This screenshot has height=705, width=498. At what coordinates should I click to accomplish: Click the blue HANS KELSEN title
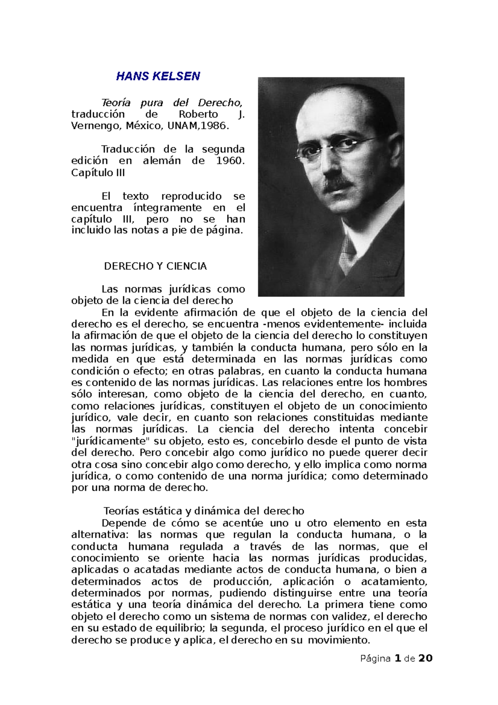(158, 76)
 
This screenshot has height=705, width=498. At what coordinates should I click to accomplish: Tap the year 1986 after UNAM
(215, 126)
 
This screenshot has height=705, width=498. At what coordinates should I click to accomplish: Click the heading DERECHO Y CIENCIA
(155, 267)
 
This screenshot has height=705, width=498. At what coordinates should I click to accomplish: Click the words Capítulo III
(98, 173)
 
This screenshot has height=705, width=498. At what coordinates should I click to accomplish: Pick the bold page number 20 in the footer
(425, 658)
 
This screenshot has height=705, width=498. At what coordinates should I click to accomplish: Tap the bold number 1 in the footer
(398, 658)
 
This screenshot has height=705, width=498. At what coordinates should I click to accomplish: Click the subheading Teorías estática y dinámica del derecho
(204, 511)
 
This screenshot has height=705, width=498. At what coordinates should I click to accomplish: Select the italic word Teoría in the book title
(116, 103)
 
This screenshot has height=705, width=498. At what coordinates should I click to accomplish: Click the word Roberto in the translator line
(198, 114)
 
